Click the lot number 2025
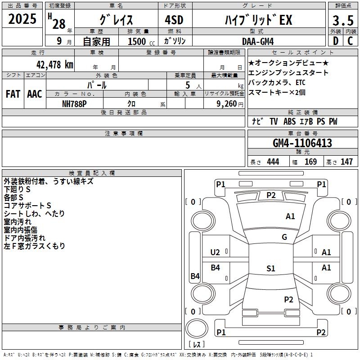point(22,19)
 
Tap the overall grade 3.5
point(343,20)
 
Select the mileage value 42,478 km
point(54,65)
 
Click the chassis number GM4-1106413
point(302,143)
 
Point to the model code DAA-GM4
point(258,41)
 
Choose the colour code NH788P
point(74,104)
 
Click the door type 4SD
point(174,20)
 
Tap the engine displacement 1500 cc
point(141,41)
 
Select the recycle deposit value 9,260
point(227,104)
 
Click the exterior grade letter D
point(336,41)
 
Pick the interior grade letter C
point(350,41)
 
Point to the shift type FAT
point(13,94)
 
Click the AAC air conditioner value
point(35,94)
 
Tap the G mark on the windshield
point(284,237)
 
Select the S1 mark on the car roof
point(271,268)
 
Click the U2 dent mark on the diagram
point(215,252)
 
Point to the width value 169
point(310,162)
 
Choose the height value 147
point(346,162)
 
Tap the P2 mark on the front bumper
point(271,195)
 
